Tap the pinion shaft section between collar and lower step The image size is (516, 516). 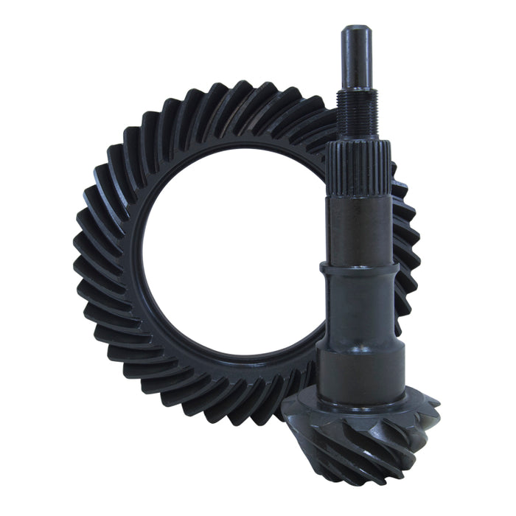360,310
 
